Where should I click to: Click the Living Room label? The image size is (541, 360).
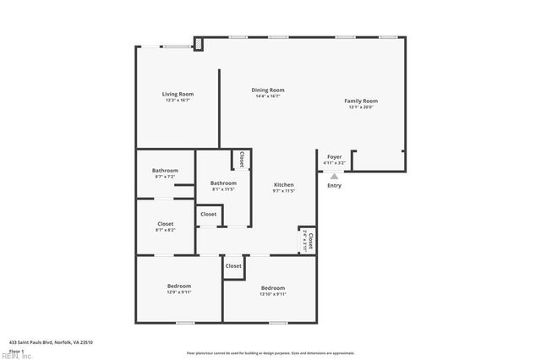point(178,93)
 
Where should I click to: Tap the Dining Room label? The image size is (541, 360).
point(267,90)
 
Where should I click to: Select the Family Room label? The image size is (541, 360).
point(360,101)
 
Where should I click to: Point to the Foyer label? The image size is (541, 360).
point(335,156)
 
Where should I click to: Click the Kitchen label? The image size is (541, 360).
point(283,184)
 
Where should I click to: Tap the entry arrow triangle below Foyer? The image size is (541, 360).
point(334,176)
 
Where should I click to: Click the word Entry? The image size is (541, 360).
point(335,186)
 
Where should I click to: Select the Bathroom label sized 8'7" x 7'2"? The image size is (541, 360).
point(165,171)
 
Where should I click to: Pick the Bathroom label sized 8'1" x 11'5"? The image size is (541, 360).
point(223,183)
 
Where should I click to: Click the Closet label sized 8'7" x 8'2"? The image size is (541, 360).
point(165,224)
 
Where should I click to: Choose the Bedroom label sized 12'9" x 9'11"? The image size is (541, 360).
point(179,286)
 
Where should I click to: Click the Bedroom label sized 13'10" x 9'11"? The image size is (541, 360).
point(273,287)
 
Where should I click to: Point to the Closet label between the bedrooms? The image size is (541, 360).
point(233,266)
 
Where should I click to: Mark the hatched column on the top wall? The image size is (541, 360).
point(198,42)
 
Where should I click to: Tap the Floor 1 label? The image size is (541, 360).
point(17,351)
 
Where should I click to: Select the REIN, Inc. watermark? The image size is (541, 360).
point(16,356)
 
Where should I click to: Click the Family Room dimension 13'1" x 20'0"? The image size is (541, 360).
point(360,107)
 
